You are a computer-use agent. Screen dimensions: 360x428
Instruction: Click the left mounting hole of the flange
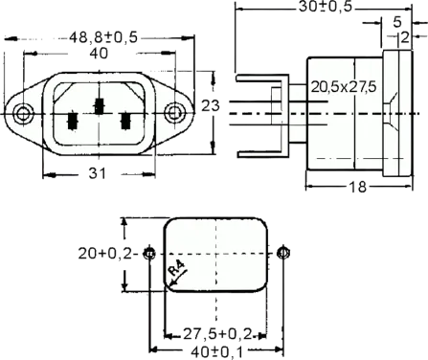[21, 112]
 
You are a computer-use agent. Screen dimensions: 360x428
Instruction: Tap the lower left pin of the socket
[72, 123]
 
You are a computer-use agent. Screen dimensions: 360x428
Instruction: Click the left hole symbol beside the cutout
[148, 255]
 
